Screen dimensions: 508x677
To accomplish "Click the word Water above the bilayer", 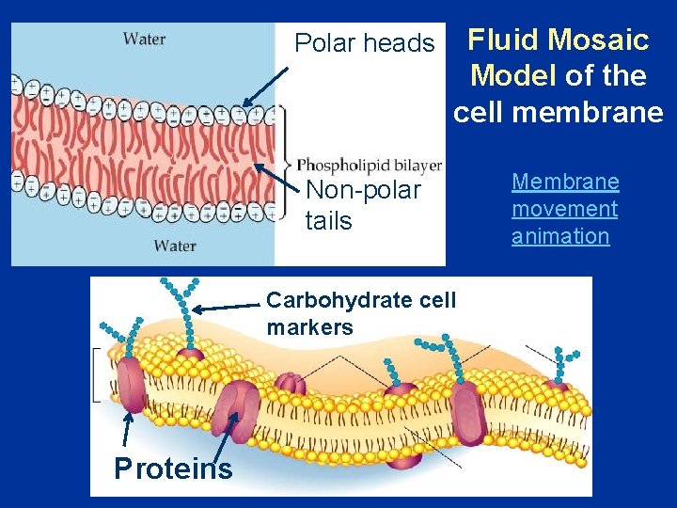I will (x=144, y=39).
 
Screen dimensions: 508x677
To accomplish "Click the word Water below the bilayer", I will (x=175, y=246).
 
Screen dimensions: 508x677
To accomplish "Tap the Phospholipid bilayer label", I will (x=370, y=165).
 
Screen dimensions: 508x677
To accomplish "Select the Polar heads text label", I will (x=365, y=43).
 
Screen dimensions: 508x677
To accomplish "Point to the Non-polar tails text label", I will (x=363, y=205).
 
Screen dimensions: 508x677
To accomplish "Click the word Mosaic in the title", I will (x=599, y=40).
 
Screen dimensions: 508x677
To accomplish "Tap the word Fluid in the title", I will (x=503, y=40).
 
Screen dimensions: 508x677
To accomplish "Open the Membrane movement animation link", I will (x=565, y=209).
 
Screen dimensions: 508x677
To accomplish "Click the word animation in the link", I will (x=560, y=236).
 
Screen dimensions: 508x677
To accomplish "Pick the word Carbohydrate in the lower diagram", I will (x=325, y=300).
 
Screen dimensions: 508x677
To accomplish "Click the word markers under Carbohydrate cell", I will (x=310, y=327).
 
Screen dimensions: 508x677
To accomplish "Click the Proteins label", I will (x=173, y=468).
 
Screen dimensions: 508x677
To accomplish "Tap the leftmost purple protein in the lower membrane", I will (x=132, y=385).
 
